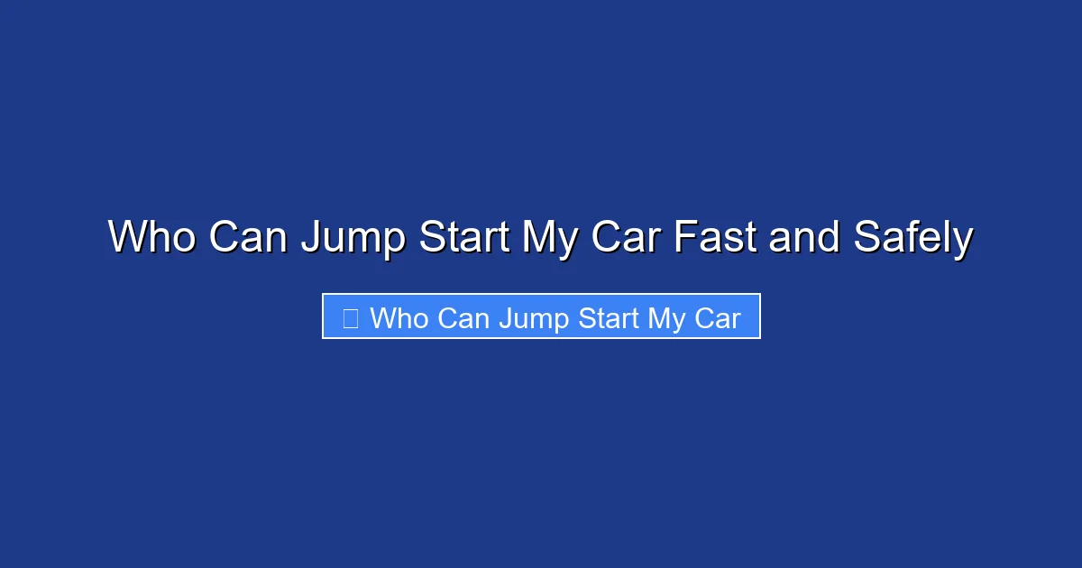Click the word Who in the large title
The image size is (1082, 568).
[x=153, y=238]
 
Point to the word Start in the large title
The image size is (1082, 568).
[x=464, y=238]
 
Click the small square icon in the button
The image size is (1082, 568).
[x=351, y=317]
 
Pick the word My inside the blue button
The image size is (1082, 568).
[x=669, y=319]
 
